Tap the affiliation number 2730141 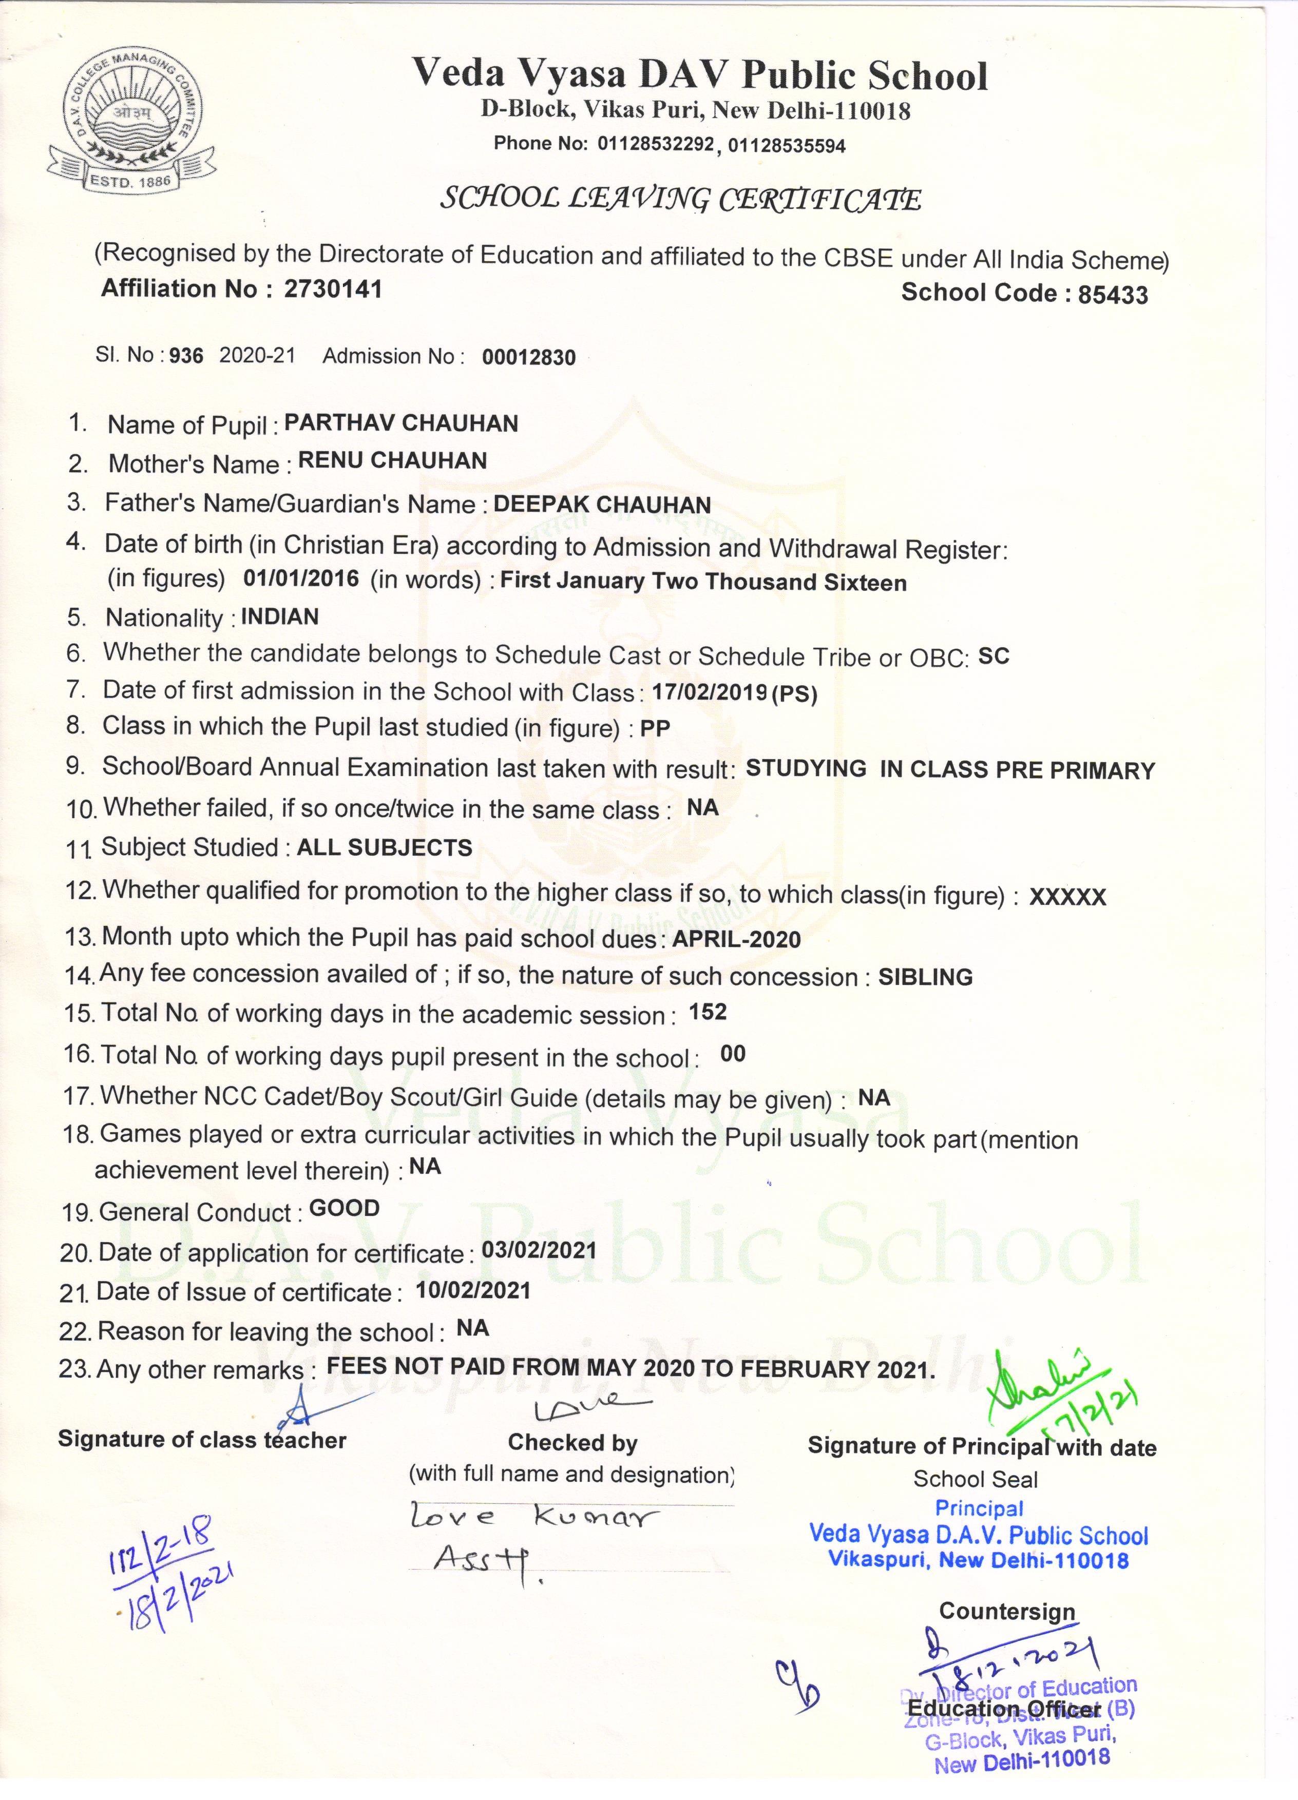pos(333,289)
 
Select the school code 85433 pos(1112,295)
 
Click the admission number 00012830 pos(529,357)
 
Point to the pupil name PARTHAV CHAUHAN pos(401,423)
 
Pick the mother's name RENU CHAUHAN pos(392,461)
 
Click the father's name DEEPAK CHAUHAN pos(602,505)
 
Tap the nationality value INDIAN pos(279,616)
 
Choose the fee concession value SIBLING pos(925,977)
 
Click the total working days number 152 pos(708,1012)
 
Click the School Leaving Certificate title pos(680,199)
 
